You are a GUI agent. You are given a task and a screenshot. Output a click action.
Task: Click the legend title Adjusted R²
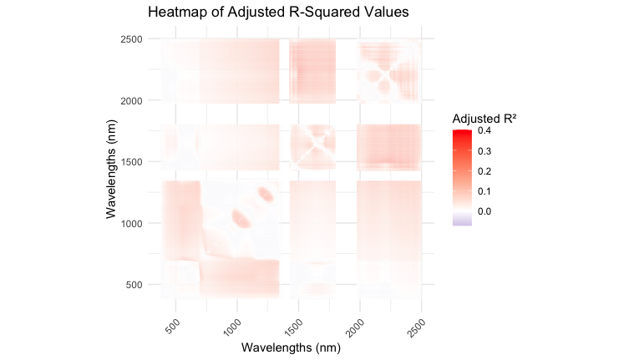pyautogui.click(x=484, y=118)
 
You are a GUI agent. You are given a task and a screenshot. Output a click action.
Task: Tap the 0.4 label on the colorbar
pyautogui.click(x=484, y=131)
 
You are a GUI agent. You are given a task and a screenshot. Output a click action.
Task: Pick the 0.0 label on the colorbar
pyautogui.click(x=484, y=211)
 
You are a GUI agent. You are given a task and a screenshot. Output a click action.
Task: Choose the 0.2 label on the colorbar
pyautogui.click(x=484, y=171)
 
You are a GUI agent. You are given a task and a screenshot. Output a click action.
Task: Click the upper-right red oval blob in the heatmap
pyautogui.click(x=266, y=194)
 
